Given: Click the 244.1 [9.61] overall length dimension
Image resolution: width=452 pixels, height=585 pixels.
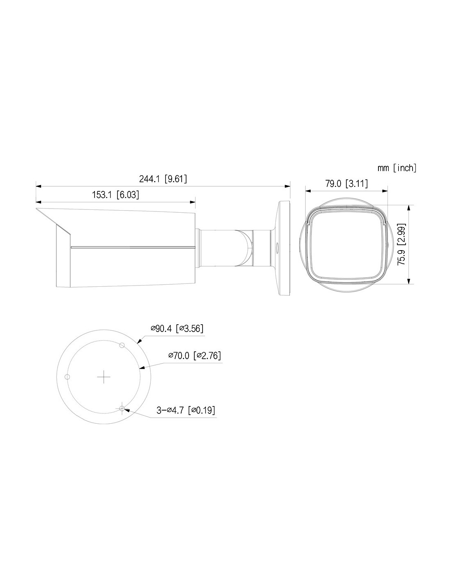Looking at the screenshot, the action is tap(163, 179).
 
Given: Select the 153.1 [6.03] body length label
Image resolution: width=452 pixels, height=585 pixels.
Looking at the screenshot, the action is tap(115, 195).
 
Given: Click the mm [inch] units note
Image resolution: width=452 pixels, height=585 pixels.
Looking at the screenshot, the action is tap(397, 168).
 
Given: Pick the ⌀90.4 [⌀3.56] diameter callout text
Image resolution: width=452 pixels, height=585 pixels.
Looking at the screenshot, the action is tap(177, 328).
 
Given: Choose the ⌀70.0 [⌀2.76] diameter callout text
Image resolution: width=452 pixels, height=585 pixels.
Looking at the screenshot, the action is tap(195, 355).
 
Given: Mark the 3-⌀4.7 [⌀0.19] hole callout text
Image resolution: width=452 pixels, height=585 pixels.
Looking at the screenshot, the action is tap(186, 410).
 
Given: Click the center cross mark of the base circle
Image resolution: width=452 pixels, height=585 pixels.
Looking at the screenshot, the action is tap(104, 377).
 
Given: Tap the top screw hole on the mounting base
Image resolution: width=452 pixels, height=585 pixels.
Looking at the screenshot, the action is tap(122, 345).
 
